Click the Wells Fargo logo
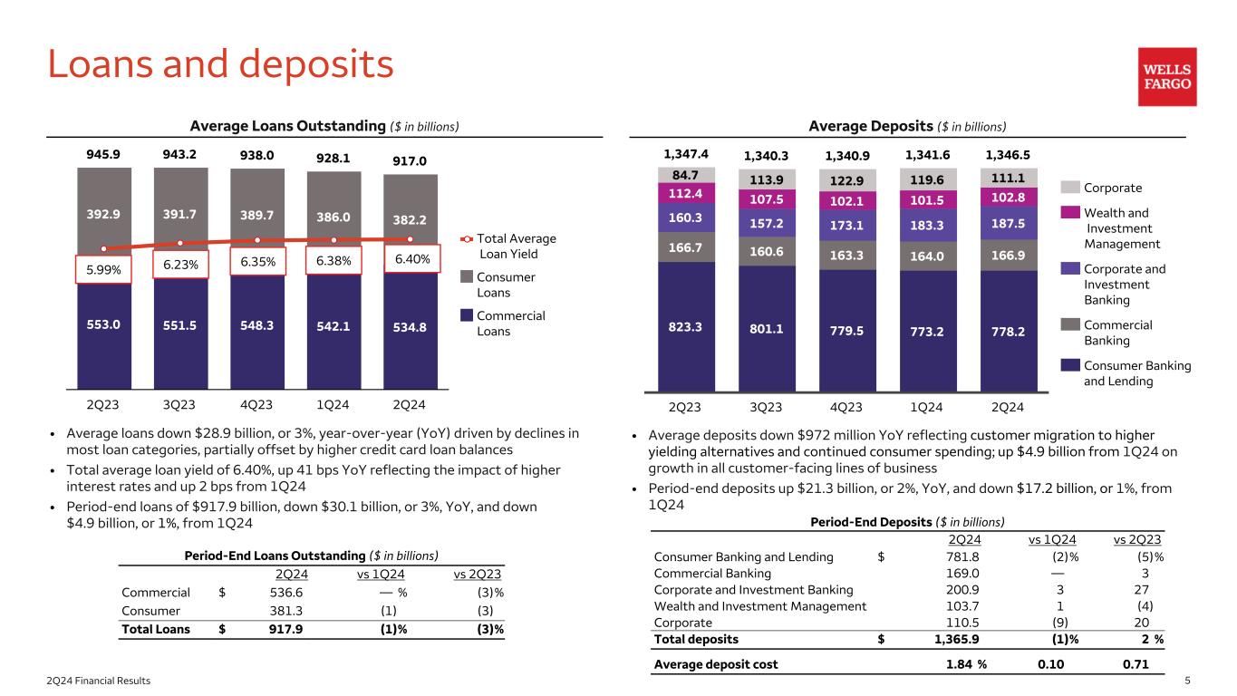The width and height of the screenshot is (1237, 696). click(x=1167, y=77)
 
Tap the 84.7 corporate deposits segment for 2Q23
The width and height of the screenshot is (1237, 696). click(x=686, y=174)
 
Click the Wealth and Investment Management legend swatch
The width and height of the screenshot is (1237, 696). click(x=1069, y=214)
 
